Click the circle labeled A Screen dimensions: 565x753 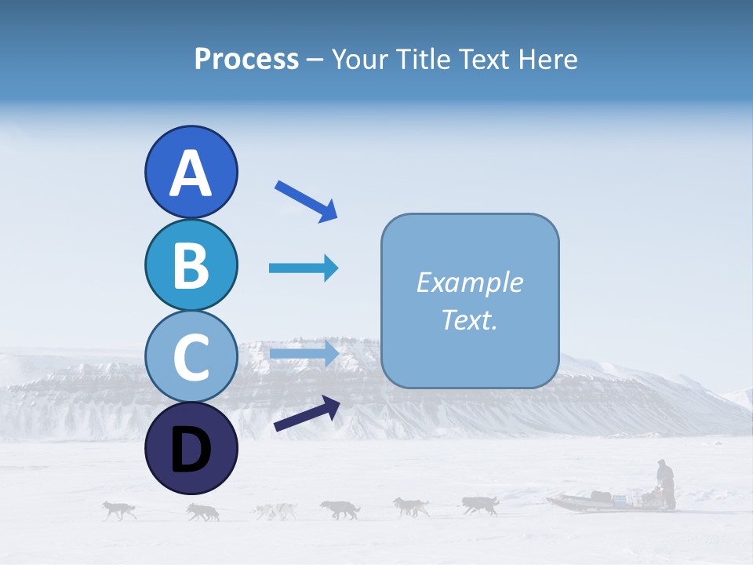click(191, 172)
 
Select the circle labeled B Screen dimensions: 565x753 click(191, 264)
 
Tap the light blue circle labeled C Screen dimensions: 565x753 click(191, 356)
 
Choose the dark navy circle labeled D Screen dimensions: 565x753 click(191, 448)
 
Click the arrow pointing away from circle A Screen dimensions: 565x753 click(306, 200)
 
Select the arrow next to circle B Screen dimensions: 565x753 click(304, 268)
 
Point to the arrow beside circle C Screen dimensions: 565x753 click(304, 353)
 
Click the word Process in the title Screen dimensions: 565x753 click(246, 60)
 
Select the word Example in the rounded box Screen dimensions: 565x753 click(470, 282)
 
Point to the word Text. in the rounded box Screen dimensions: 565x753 click(470, 319)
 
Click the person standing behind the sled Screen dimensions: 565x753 click(666, 483)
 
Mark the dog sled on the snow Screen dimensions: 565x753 click(596, 500)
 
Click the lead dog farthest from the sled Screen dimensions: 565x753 click(119, 510)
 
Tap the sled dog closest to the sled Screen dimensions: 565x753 click(480, 505)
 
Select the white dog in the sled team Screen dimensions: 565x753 click(275, 512)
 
